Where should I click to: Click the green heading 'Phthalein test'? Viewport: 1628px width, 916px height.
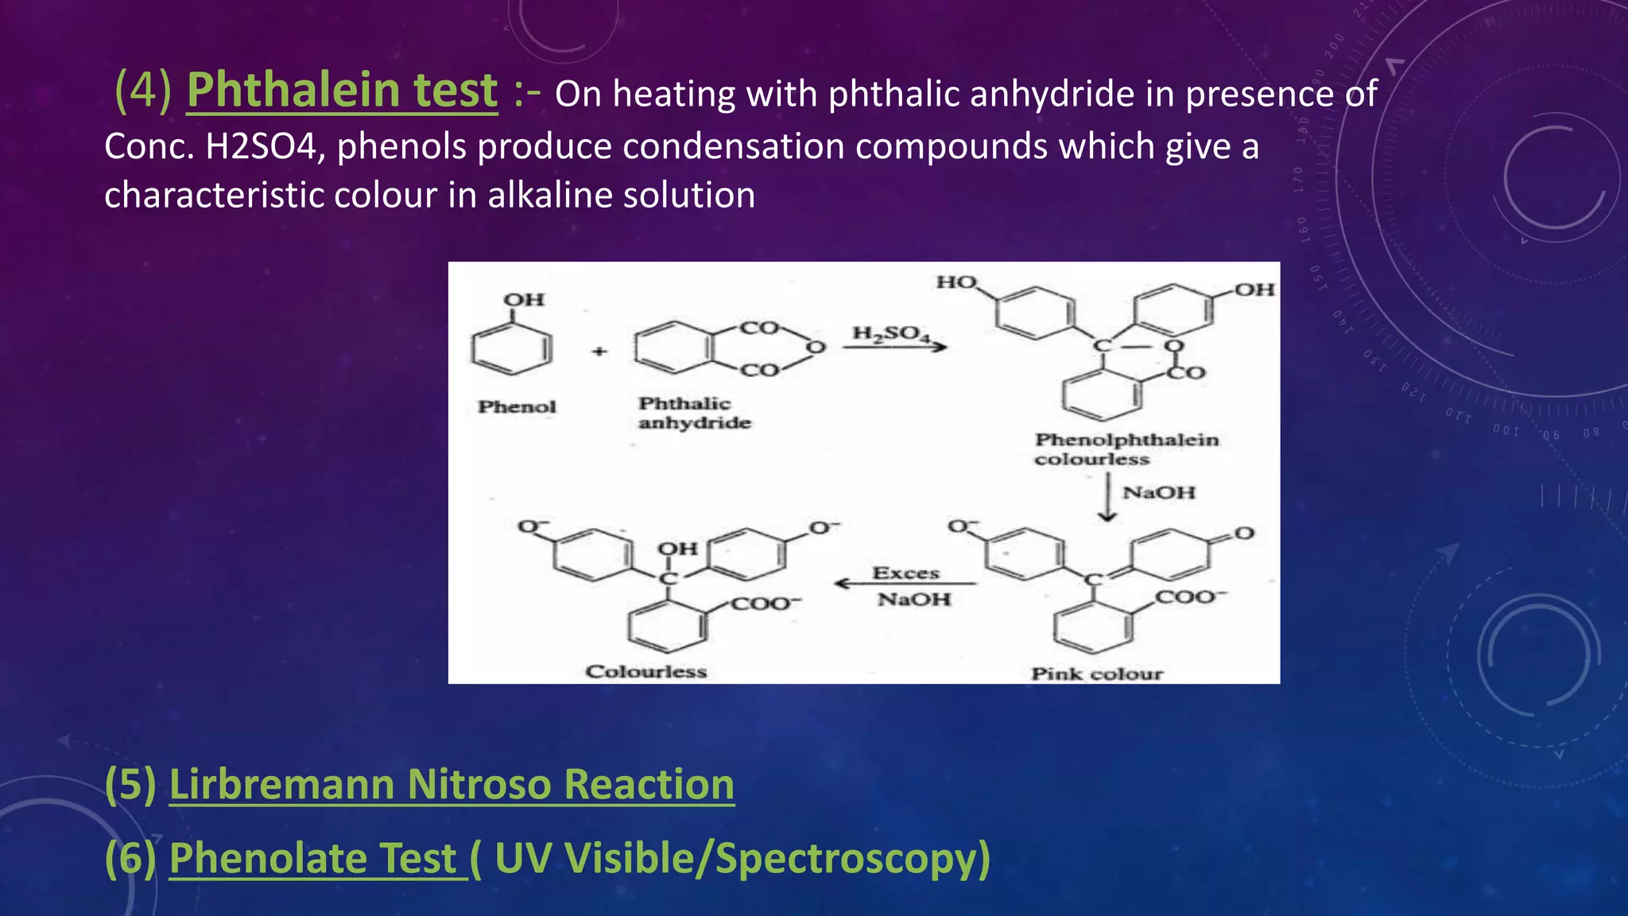tap(342, 90)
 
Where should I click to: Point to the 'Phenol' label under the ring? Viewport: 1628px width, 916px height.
tap(517, 407)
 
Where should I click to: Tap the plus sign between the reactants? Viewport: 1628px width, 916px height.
tap(599, 351)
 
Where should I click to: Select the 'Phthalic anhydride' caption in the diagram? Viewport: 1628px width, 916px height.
tap(693, 413)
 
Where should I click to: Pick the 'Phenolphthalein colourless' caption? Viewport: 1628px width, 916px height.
tap(1126, 449)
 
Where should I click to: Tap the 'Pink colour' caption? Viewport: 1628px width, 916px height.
tap(1097, 674)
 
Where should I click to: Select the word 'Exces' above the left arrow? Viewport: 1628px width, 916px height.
tap(905, 573)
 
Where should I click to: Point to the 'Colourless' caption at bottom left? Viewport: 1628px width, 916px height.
tap(645, 672)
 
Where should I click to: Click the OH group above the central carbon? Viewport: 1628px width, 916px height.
tap(677, 549)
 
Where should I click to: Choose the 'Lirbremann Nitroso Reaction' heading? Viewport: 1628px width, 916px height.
tap(452, 785)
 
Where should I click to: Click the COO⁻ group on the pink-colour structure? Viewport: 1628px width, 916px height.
tap(1190, 596)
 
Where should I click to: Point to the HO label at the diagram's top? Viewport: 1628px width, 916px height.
tap(956, 282)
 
